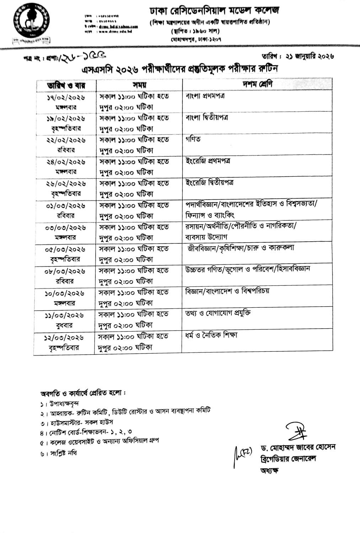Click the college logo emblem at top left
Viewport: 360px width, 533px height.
point(31,21)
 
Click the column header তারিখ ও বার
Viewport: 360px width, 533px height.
point(66,85)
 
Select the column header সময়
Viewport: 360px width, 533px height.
point(140,85)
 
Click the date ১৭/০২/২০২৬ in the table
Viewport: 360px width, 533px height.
point(66,97)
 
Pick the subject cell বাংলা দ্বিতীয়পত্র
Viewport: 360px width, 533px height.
point(207,118)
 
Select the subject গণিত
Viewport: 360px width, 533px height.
point(193,139)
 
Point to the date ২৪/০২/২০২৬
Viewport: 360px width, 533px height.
point(66,162)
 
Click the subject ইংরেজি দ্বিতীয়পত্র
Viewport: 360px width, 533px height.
point(210,183)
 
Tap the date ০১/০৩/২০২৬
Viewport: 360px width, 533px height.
point(66,206)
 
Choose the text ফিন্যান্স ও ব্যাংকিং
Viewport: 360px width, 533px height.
point(210,215)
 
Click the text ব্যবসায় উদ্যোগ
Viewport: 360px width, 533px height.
point(206,237)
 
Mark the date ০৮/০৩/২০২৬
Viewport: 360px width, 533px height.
point(65,271)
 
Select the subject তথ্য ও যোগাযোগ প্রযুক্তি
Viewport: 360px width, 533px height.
point(218,313)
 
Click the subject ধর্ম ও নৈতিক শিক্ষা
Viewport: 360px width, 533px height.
point(211,335)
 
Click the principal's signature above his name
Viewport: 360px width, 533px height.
point(297,432)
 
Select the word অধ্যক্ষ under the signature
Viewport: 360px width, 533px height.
point(269,471)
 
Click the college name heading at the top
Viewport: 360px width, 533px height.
point(214,11)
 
